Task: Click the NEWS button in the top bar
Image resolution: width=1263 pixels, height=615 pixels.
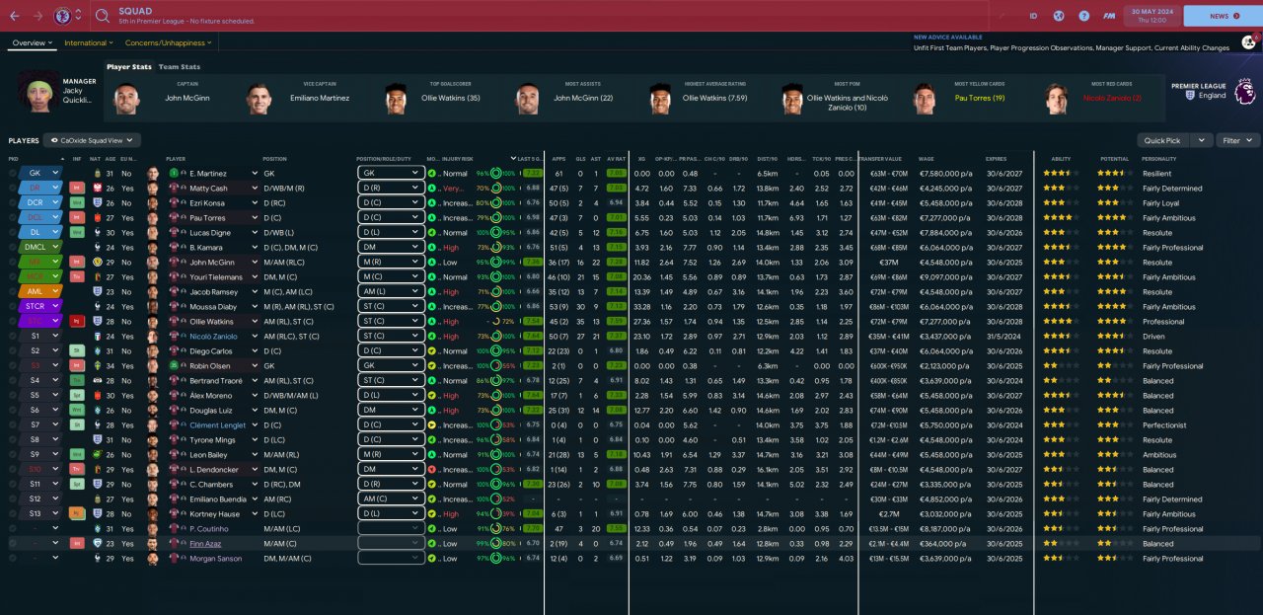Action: tap(1219, 16)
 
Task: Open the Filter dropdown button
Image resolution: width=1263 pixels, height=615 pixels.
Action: tap(1237, 141)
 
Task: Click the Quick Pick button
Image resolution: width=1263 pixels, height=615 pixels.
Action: tap(1162, 141)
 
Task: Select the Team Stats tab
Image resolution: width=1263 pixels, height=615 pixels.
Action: tap(180, 67)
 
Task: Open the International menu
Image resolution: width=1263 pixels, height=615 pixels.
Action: tap(88, 43)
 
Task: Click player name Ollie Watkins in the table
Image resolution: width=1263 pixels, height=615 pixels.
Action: tap(211, 322)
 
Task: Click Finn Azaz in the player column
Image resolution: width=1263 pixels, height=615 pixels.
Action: tap(205, 544)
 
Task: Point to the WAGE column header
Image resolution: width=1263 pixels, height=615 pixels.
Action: tap(926, 159)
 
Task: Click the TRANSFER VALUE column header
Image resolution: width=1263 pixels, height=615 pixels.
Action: tap(881, 159)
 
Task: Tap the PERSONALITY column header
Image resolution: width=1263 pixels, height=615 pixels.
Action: tap(1158, 159)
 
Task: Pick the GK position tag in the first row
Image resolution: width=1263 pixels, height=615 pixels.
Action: tap(36, 173)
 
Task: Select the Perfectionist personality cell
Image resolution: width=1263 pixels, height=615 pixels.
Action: tap(1163, 425)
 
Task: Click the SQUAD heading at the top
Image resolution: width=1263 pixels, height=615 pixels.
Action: tap(135, 11)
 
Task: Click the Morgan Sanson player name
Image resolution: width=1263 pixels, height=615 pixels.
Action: tap(214, 559)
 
